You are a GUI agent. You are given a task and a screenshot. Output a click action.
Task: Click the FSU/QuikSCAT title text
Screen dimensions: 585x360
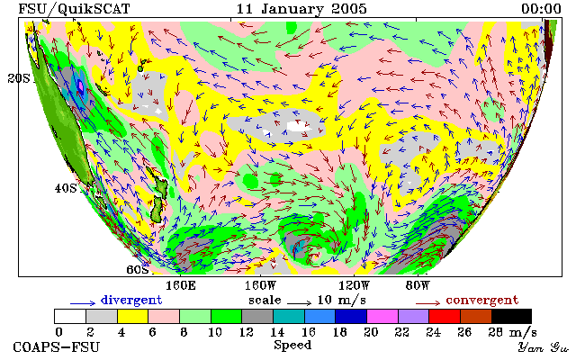(74, 9)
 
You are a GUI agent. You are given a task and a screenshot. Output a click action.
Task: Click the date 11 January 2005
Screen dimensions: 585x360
(301, 8)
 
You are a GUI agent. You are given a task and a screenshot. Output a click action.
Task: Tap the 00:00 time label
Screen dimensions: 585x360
(541, 8)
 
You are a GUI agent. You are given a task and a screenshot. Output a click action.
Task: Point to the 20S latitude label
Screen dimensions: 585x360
(19, 78)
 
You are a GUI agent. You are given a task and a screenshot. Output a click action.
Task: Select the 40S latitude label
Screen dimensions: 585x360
(66, 188)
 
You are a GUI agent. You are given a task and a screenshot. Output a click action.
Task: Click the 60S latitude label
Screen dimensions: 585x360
(138, 269)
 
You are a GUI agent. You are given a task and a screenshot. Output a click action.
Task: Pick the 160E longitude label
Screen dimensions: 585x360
(181, 286)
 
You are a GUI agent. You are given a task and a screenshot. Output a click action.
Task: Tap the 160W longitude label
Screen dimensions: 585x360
(260, 286)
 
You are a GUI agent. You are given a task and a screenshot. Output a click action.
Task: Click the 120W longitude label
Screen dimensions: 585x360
(354, 286)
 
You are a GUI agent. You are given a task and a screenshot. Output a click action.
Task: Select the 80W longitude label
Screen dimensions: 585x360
(418, 286)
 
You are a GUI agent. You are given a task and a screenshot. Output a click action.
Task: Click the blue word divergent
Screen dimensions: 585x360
(131, 300)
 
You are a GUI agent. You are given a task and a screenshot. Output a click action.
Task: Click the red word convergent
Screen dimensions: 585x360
(482, 300)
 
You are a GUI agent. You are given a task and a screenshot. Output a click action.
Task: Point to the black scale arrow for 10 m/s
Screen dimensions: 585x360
(299, 303)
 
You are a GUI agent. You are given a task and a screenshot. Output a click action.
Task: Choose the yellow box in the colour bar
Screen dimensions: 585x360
(132, 316)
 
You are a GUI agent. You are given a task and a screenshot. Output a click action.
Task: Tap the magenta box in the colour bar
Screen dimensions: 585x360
(382, 316)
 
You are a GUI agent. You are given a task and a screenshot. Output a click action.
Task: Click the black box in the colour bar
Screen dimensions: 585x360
(511, 316)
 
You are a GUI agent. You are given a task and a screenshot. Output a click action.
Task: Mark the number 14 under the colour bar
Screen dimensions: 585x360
(277, 332)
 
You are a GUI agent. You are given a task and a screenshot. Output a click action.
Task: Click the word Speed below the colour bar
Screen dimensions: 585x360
(292, 345)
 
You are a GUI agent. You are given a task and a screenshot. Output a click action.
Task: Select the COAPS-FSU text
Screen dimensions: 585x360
(57, 347)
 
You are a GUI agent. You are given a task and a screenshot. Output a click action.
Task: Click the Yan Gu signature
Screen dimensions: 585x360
(544, 347)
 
